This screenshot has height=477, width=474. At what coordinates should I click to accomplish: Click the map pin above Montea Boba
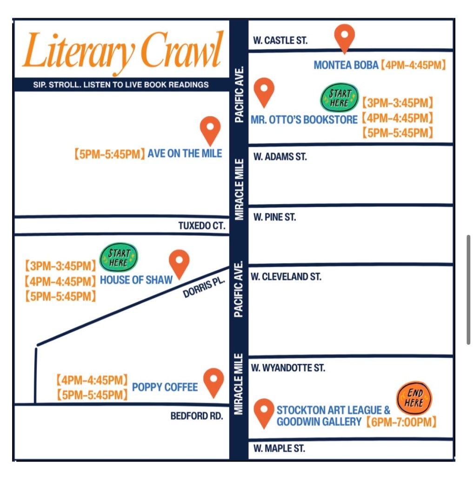coord(345,37)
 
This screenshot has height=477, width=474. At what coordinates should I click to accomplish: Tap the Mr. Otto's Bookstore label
coord(304,120)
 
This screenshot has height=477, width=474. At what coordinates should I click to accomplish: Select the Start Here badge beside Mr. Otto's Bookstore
coord(339,99)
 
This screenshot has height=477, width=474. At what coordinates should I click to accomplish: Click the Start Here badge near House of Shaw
coord(119,257)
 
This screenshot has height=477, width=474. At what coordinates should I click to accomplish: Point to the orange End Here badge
coord(414,398)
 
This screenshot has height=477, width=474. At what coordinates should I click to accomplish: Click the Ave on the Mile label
coord(185,153)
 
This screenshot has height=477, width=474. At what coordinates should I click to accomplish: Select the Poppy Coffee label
coord(165,387)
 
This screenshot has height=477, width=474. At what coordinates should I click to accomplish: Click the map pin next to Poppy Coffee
coord(214,382)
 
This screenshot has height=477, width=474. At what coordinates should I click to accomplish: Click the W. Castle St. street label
coord(280,41)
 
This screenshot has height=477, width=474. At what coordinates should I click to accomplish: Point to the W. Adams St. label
coord(280,157)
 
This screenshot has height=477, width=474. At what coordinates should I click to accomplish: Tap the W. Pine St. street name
coord(274,217)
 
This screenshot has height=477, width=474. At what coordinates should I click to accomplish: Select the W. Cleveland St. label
coord(286,277)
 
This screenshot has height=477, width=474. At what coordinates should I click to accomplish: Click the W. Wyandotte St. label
coord(288,368)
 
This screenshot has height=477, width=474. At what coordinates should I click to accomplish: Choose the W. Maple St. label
coord(279,449)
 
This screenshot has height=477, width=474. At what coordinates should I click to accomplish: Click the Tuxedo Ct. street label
coord(202,226)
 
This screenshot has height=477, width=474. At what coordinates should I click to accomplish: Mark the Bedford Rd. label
coord(197,416)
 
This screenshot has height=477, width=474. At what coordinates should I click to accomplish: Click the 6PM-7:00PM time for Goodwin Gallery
coord(401,422)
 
